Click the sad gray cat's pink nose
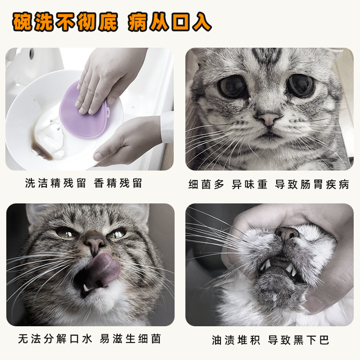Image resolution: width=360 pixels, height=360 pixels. tap(269, 119)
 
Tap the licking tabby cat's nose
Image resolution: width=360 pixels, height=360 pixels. tap(94, 243)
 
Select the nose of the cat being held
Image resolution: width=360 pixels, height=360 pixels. tap(287, 233)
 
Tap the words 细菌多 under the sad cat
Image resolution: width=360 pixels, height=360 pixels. tap(206, 184)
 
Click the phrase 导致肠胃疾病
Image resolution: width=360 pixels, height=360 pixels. tap(312, 184)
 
